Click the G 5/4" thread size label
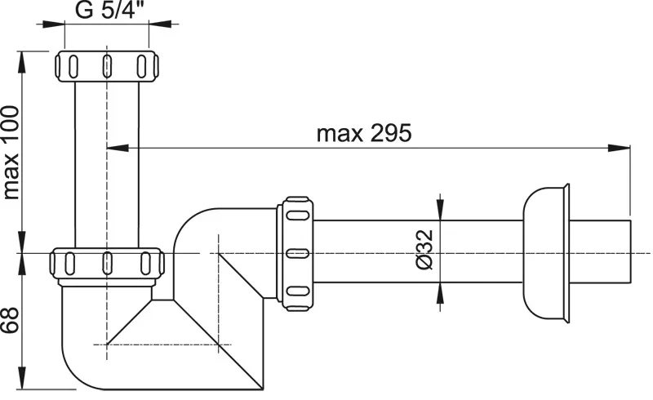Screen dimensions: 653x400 tap(106, 10)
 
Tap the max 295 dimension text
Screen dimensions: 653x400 tap(364, 133)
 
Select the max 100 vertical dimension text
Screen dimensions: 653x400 tap(11, 153)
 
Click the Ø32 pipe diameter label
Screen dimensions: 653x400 tap(424, 250)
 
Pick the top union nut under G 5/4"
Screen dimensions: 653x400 tap(107, 66)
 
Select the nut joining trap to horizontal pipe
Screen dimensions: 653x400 tap(295, 254)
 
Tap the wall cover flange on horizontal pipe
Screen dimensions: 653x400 tap(546, 253)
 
